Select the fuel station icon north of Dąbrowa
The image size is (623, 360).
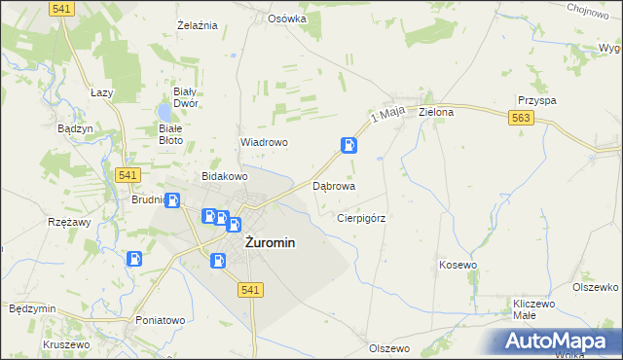coord(348,146)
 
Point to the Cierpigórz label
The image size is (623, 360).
coord(361,219)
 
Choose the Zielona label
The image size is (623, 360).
coord(436,112)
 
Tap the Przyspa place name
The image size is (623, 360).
coord(536,100)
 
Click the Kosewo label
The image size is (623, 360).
coord(458,265)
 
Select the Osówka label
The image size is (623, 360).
coord(287,18)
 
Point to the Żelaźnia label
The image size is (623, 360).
coord(196,24)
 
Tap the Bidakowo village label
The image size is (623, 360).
coord(225,177)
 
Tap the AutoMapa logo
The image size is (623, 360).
coord(559,341)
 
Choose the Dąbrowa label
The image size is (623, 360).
coord(333,185)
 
